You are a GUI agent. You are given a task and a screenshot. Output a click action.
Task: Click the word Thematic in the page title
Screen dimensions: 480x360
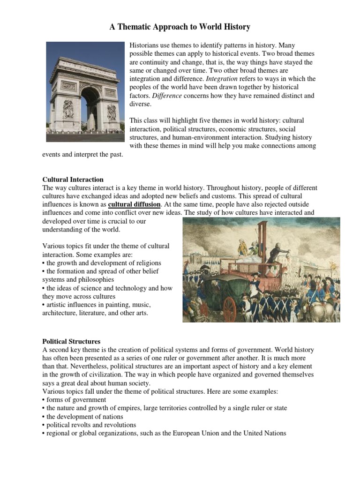tap(140, 27)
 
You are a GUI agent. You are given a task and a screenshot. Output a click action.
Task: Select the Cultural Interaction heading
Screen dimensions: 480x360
tap(73, 180)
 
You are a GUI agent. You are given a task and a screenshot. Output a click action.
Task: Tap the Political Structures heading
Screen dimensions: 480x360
tap(71, 341)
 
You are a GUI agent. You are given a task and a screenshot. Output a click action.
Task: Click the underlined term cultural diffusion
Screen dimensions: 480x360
tap(135, 205)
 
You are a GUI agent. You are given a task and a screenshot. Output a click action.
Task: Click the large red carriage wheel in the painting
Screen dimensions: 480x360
tap(229, 309)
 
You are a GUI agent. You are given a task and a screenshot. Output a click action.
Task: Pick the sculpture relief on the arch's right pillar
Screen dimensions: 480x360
tap(112, 112)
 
